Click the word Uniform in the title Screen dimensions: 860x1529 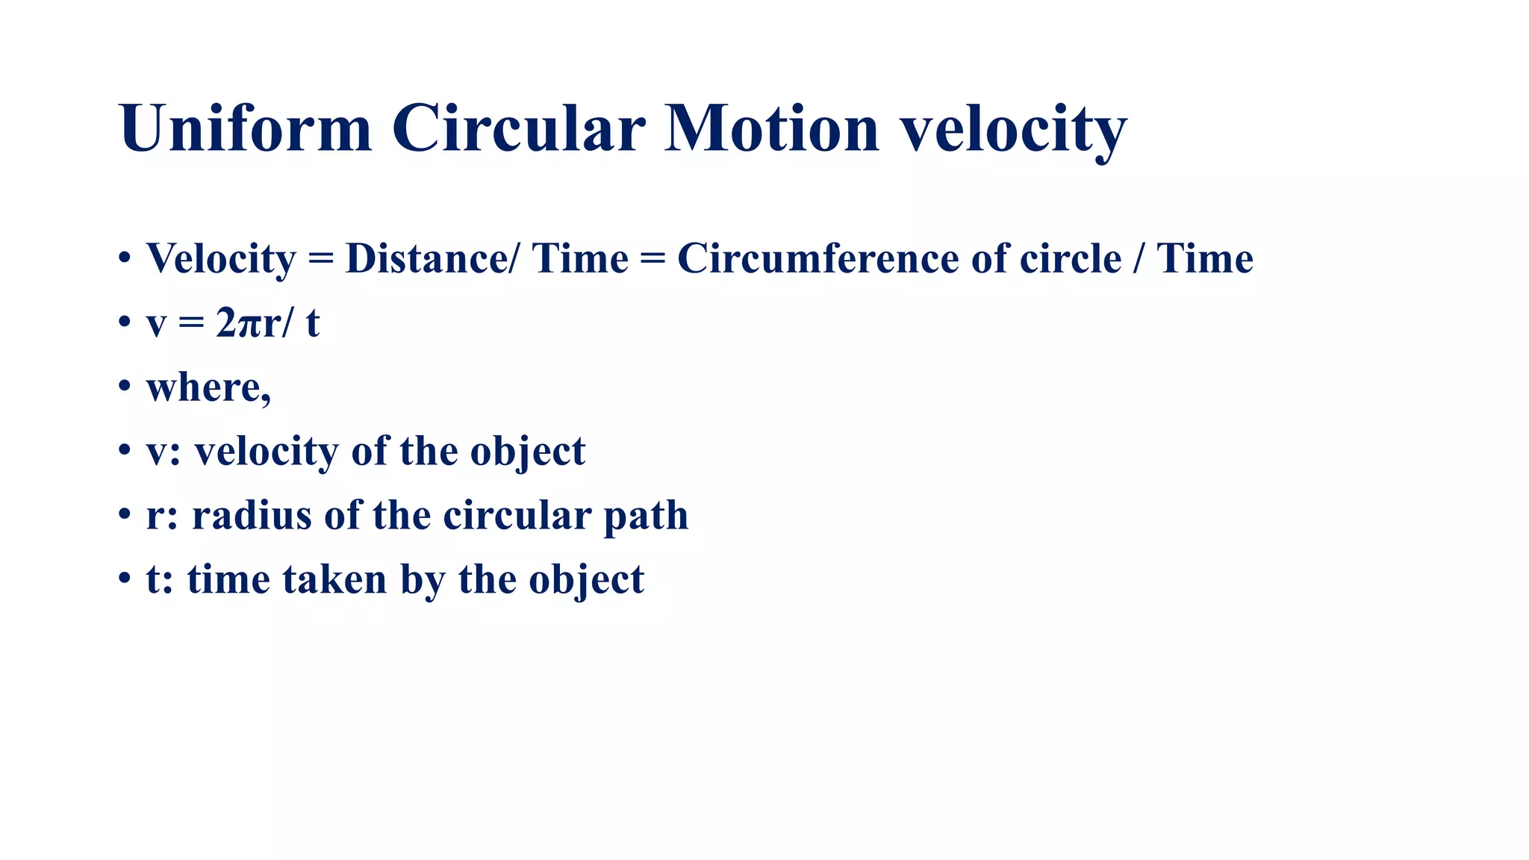point(245,128)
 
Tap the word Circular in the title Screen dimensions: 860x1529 point(518,128)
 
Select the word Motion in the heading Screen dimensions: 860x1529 point(772,128)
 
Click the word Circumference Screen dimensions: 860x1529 point(818,259)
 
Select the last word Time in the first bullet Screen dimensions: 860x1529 point(1204,259)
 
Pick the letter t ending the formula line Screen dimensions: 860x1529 point(312,323)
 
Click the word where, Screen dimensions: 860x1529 point(208,387)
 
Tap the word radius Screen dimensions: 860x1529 point(252,515)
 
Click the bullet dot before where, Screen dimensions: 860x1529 point(125,387)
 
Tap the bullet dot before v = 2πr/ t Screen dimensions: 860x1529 point(125,323)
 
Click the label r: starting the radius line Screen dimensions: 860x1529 point(162,517)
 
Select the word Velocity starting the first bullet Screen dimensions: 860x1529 point(221,259)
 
